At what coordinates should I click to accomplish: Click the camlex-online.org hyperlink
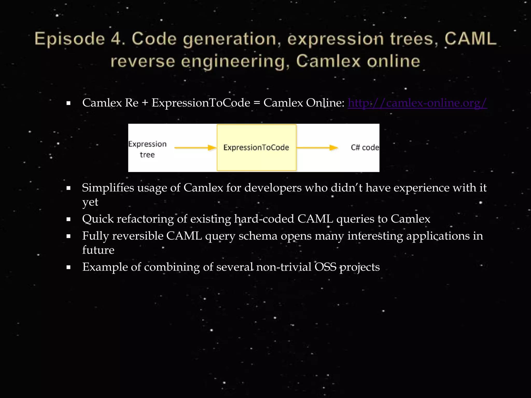tap(417, 103)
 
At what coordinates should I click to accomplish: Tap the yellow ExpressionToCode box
tap(256, 147)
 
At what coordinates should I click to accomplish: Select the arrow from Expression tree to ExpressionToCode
tap(195, 148)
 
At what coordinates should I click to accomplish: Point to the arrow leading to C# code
tap(317, 148)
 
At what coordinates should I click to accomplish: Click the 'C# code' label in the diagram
tap(365, 147)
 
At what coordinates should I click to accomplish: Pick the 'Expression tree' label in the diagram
tap(147, 149)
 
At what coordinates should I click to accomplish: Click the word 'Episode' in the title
tap(70, 39)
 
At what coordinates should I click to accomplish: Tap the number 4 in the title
tap(116, 39)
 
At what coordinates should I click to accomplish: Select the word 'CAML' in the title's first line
tap(470, 39)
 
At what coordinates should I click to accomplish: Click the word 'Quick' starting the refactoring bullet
tap(98, 219)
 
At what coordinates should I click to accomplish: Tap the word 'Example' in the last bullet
tap(105, 267)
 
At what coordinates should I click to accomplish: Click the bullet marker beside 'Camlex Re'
tap(68, 103)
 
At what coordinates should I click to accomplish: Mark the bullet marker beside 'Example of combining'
tap(68, 267)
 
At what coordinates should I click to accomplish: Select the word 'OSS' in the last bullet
tap(325, 267)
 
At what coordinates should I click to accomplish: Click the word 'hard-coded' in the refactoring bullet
tap(264, 219)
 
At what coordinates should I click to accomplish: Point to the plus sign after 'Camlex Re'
tap(145, 103)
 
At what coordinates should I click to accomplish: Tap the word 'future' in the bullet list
tap(98, 250)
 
